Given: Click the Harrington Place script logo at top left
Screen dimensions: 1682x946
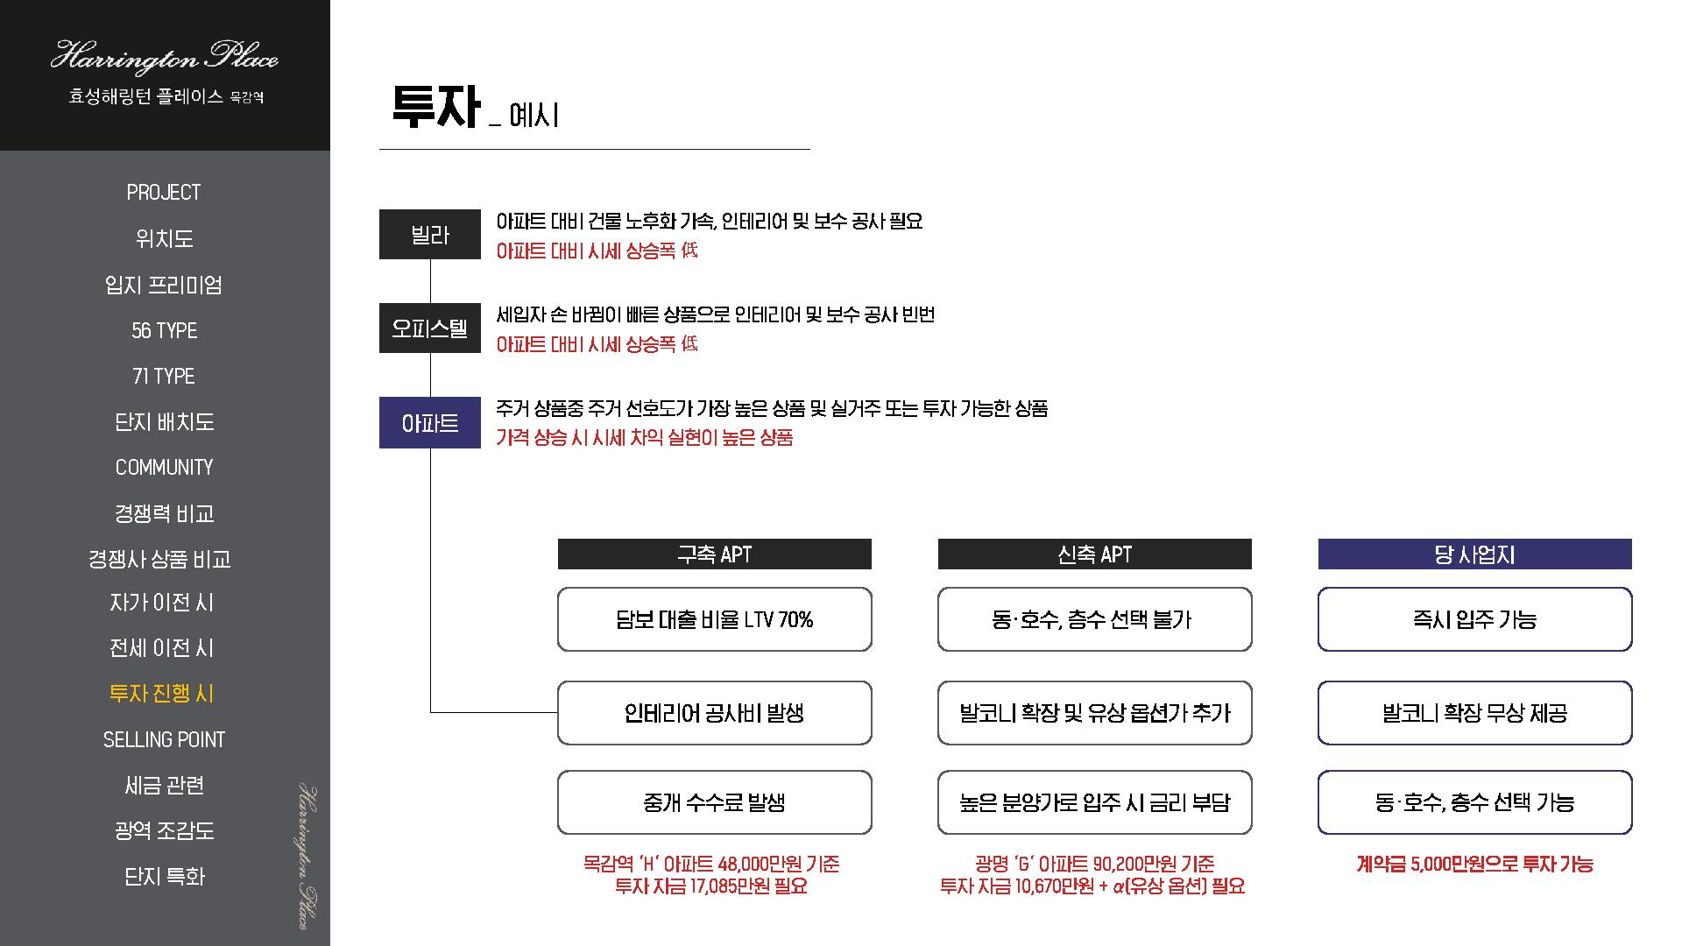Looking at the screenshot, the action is coord(164,58).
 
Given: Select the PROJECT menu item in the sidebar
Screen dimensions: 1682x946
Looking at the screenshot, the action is coord(164,193).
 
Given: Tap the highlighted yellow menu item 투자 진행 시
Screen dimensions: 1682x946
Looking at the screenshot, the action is coord(162,694).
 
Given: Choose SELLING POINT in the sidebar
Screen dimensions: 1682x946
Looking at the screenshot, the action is coord(164,740).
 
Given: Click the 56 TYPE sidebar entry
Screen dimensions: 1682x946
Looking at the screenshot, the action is coord(164,330).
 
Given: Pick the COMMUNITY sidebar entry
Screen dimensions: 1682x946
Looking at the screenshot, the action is coord(164,468).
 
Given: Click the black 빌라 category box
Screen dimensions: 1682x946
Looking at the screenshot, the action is coord(429,235).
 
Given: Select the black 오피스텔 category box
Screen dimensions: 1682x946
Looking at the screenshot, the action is coord(429,328).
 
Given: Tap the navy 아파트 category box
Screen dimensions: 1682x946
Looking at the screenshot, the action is coord(429,423).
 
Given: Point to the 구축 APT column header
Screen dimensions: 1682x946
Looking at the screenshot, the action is coord(714,554).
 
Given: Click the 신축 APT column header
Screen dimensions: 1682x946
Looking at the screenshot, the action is coord(1094,554).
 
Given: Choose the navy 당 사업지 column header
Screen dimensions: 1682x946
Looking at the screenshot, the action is coord(1474,554).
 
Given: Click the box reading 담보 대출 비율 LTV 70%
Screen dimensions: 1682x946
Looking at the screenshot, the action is coord(714,620).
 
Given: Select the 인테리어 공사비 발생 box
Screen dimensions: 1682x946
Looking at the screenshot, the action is coord(714,713).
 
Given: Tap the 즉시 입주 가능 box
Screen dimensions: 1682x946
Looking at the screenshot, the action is coord(1474,620).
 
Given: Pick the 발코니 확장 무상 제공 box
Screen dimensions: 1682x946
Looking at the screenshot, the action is coord(1474,713).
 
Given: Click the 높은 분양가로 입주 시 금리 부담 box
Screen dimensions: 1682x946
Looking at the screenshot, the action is coord(1094,802).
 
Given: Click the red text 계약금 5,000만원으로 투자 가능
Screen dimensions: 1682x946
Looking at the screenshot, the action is coord(1474,865).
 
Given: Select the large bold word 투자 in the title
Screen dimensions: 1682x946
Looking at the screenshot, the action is coord(435,109).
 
